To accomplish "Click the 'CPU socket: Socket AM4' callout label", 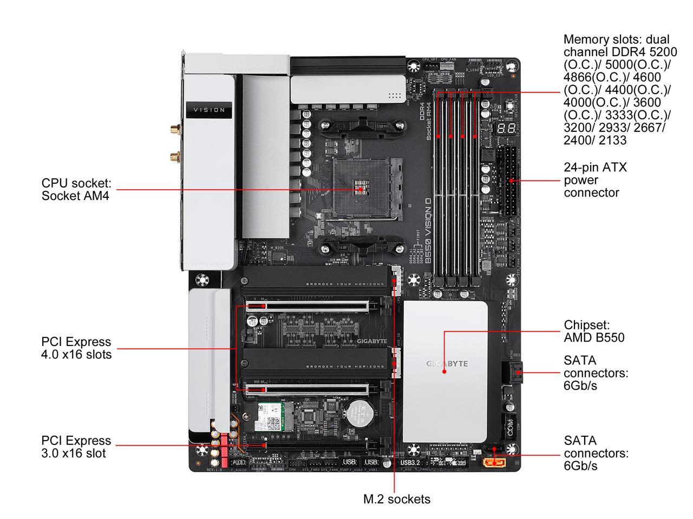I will point(75,189).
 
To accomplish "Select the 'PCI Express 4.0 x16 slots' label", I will point(76,348).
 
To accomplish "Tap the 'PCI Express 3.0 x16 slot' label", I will point(76,447).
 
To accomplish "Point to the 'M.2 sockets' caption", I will point(396,499).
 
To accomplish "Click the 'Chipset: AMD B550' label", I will point(594,331).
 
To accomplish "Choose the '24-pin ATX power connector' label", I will point(595,179).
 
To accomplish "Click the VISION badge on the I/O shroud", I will point(210,110).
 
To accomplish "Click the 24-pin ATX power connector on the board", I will point(509,181).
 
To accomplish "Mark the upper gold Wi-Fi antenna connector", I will point(174,131).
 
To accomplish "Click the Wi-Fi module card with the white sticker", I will point(274,417).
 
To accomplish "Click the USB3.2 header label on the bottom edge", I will point(410,463).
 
